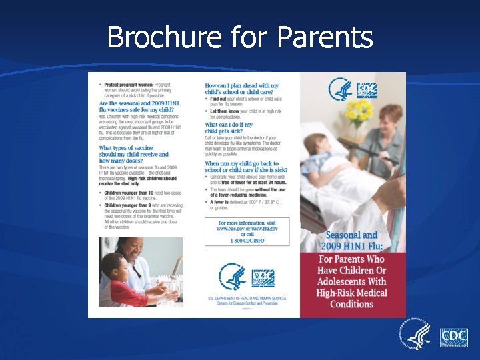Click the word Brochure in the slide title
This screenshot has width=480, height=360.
click(x=165, y=37)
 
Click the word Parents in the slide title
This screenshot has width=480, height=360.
click(x=324, y=37)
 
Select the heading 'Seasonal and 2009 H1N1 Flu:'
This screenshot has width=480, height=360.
click(x=351, y=240)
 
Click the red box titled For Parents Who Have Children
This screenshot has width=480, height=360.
click(x=352, y=281)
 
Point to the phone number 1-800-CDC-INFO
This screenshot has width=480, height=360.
click(x=247, y=239)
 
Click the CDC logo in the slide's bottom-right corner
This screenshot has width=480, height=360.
click(x=453, y=337)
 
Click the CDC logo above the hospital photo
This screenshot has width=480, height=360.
click(x=367, y=89)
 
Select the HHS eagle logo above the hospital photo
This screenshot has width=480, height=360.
click(x=341, y=89)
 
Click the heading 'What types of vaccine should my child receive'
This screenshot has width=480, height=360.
click(x=133, y=155)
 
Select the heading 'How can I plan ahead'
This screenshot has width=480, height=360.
click(x=242, y=89)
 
